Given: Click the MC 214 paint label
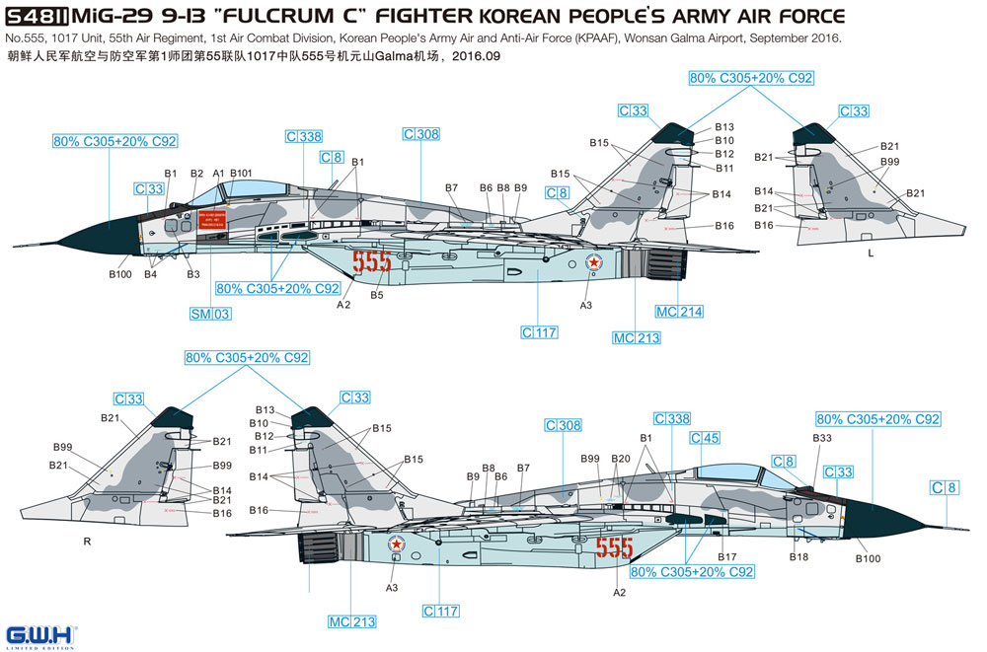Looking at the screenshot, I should tap(680, 312).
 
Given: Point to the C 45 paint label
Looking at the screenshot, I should tap(704, 438).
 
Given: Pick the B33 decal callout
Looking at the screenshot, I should tap(822, 438).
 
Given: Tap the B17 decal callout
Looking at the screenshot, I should tap(727, 557).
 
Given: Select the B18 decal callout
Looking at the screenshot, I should tap(799, 557).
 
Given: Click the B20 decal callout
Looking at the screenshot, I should tap(620, 459).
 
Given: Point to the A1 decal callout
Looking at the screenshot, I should tap(218, 173).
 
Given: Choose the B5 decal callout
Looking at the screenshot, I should tap(377, 295).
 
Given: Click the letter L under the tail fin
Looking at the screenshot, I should tap(870, 254).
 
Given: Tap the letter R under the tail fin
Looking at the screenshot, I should tap(87, 543).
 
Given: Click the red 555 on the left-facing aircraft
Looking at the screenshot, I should tap(371, 262).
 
